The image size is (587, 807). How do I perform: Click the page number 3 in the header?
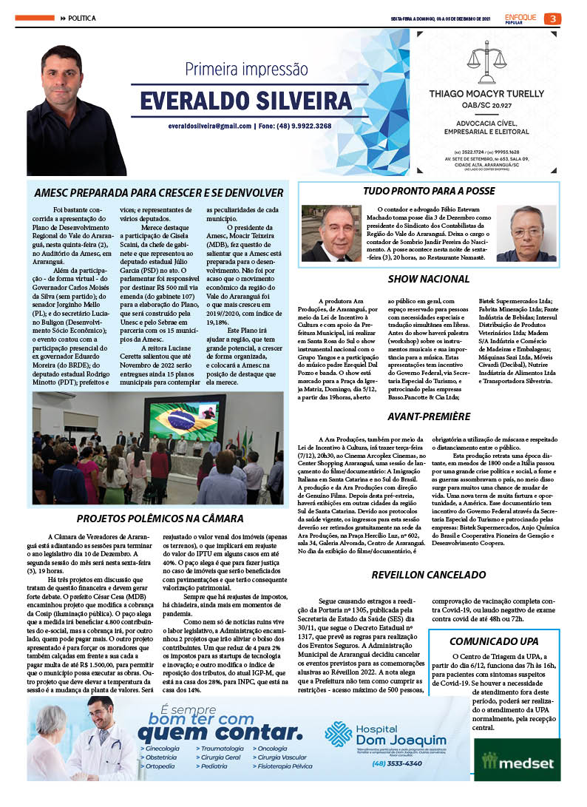(552, 18)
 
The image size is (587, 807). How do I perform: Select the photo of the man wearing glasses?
(526, 232)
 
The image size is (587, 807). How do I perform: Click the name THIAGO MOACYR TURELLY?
(486, 94)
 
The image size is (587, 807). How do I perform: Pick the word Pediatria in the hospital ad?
(214, 766)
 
